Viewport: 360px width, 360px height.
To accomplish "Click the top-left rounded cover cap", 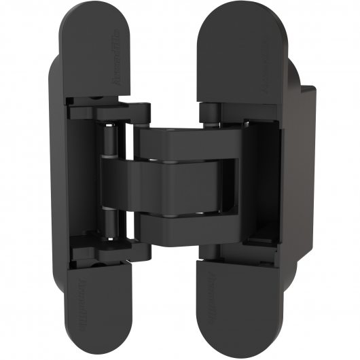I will (x=95, y=54).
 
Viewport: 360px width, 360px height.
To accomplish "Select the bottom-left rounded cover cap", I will (x=98, y=306).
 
